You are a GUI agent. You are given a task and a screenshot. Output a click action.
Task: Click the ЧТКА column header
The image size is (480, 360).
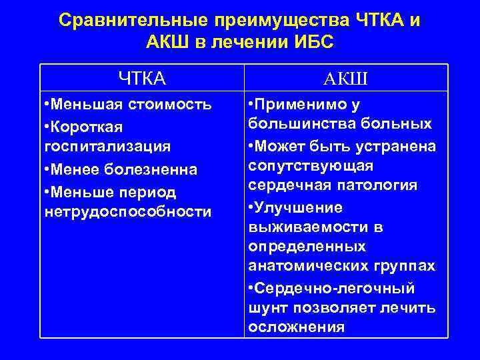pos(142,79)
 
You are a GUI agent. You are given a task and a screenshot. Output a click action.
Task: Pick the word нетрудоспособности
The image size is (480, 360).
pos(126,211)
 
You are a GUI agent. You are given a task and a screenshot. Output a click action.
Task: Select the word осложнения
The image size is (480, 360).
pos(296,327)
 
